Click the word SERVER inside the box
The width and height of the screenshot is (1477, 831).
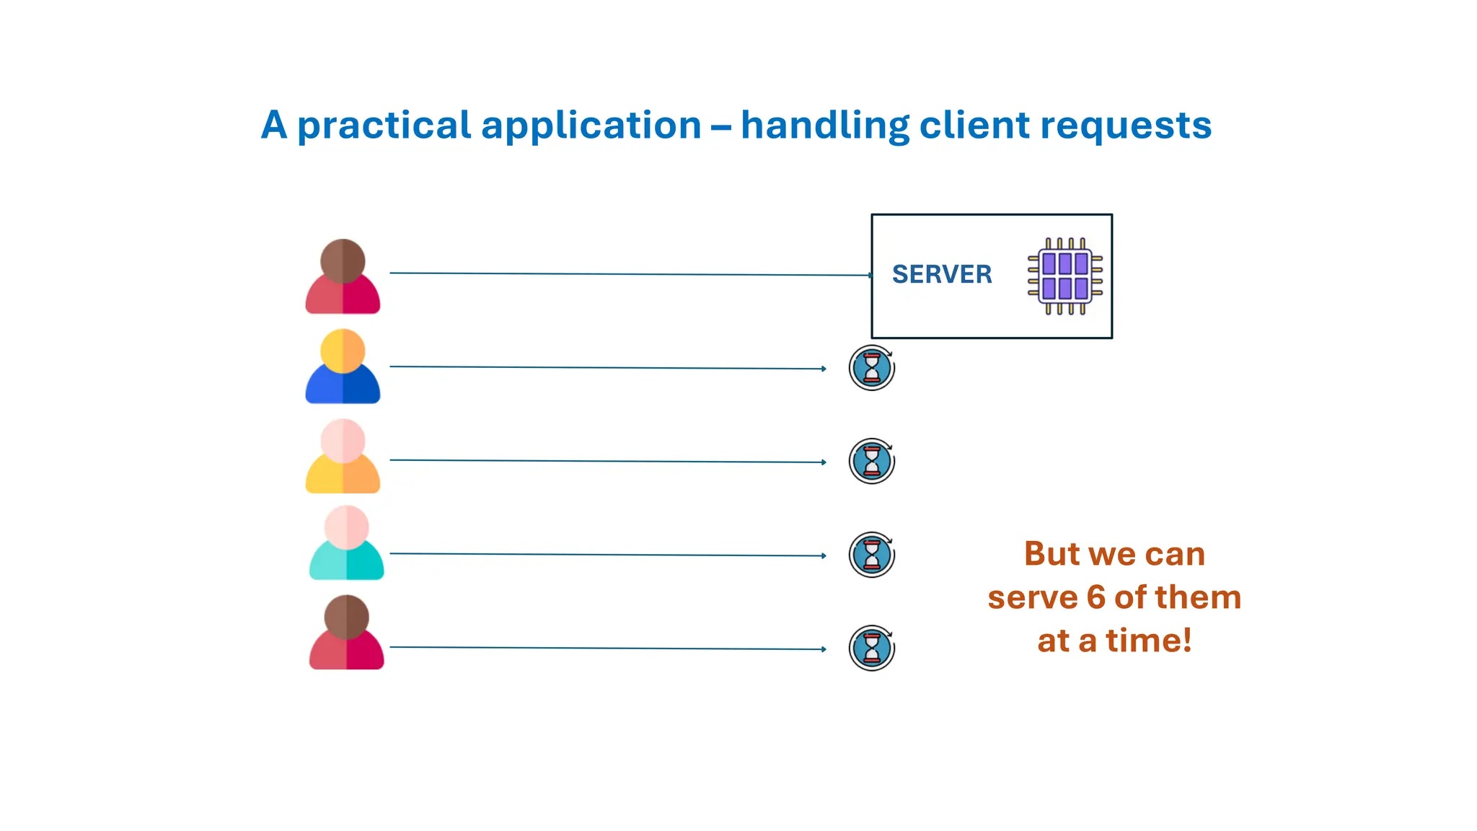point(941,274)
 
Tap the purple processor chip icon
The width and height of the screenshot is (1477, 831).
point(1065,276)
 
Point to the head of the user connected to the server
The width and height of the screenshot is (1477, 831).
point(343,260)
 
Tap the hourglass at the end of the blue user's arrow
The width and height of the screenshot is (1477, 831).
point(871,368)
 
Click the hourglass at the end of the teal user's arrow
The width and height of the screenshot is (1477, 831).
point(871,555)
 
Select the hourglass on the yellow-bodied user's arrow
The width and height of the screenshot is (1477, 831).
point(871,461)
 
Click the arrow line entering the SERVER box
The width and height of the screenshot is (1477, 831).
point(627,274)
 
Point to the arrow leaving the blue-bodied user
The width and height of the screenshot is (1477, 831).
point(606,367)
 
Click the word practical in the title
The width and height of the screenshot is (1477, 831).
point(384,126)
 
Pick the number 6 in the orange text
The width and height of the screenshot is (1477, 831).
point(1095,597)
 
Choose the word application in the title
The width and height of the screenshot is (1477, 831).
point(591,126)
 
